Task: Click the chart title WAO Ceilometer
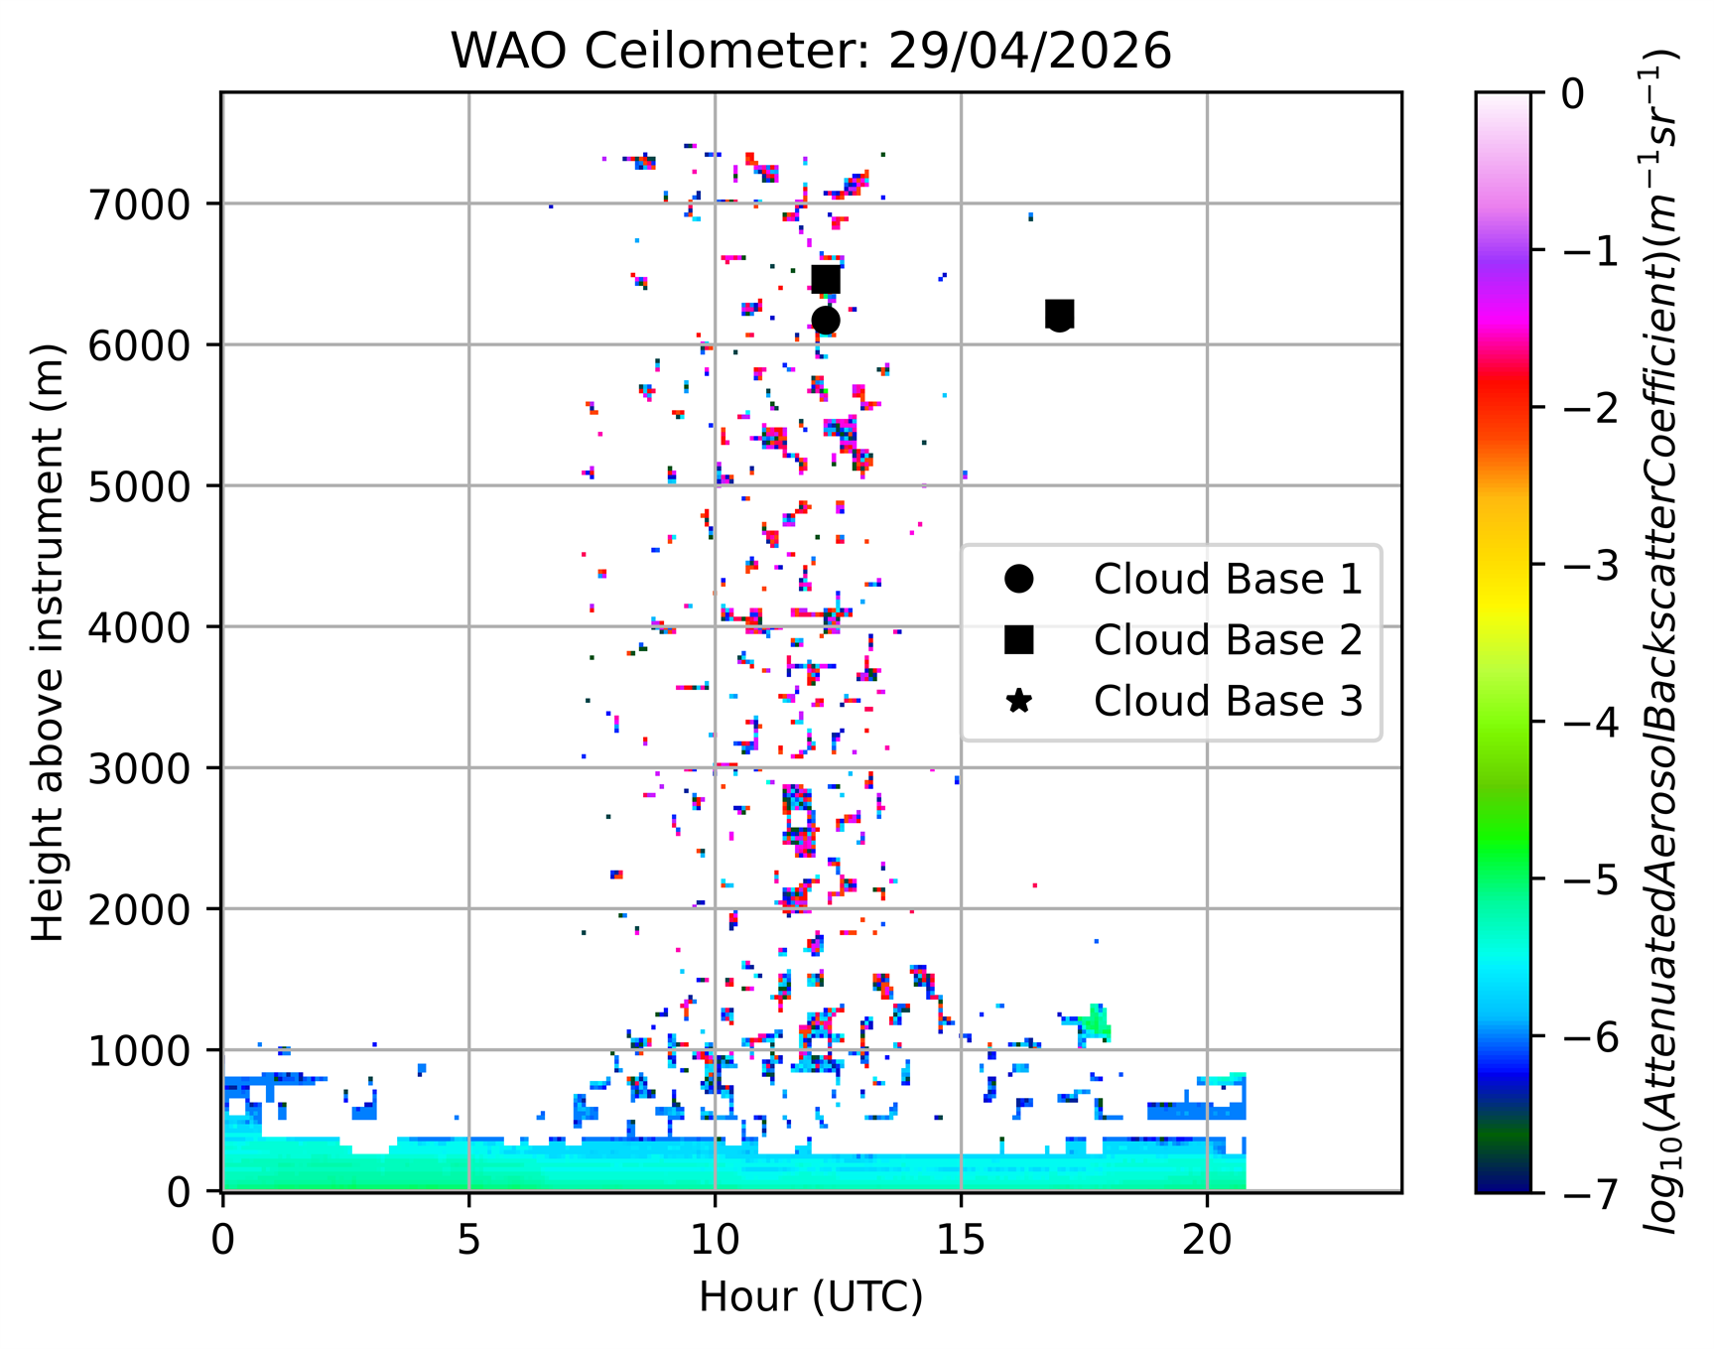click(x=811, y=51)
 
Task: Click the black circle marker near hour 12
click(x=826, y=320)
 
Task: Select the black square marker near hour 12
click(x=826, y=280)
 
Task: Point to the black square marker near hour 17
click(x=1060, y=314)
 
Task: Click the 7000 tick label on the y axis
click(x=138, y=204)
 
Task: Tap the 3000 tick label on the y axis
click(x=138, y=768)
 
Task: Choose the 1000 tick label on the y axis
click(x=138, y=1050)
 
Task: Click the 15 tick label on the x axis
click(x=960, y=1240)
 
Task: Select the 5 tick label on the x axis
click(x=468, y=1240)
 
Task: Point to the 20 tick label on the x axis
click(x=1207, y=1240)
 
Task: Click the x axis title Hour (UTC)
click(x=811, y=1296)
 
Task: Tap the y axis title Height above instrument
click(x=47, y=642)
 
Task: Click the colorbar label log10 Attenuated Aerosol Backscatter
click(x=1662, y=642)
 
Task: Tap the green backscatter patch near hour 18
click(x=1097, y=1020)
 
